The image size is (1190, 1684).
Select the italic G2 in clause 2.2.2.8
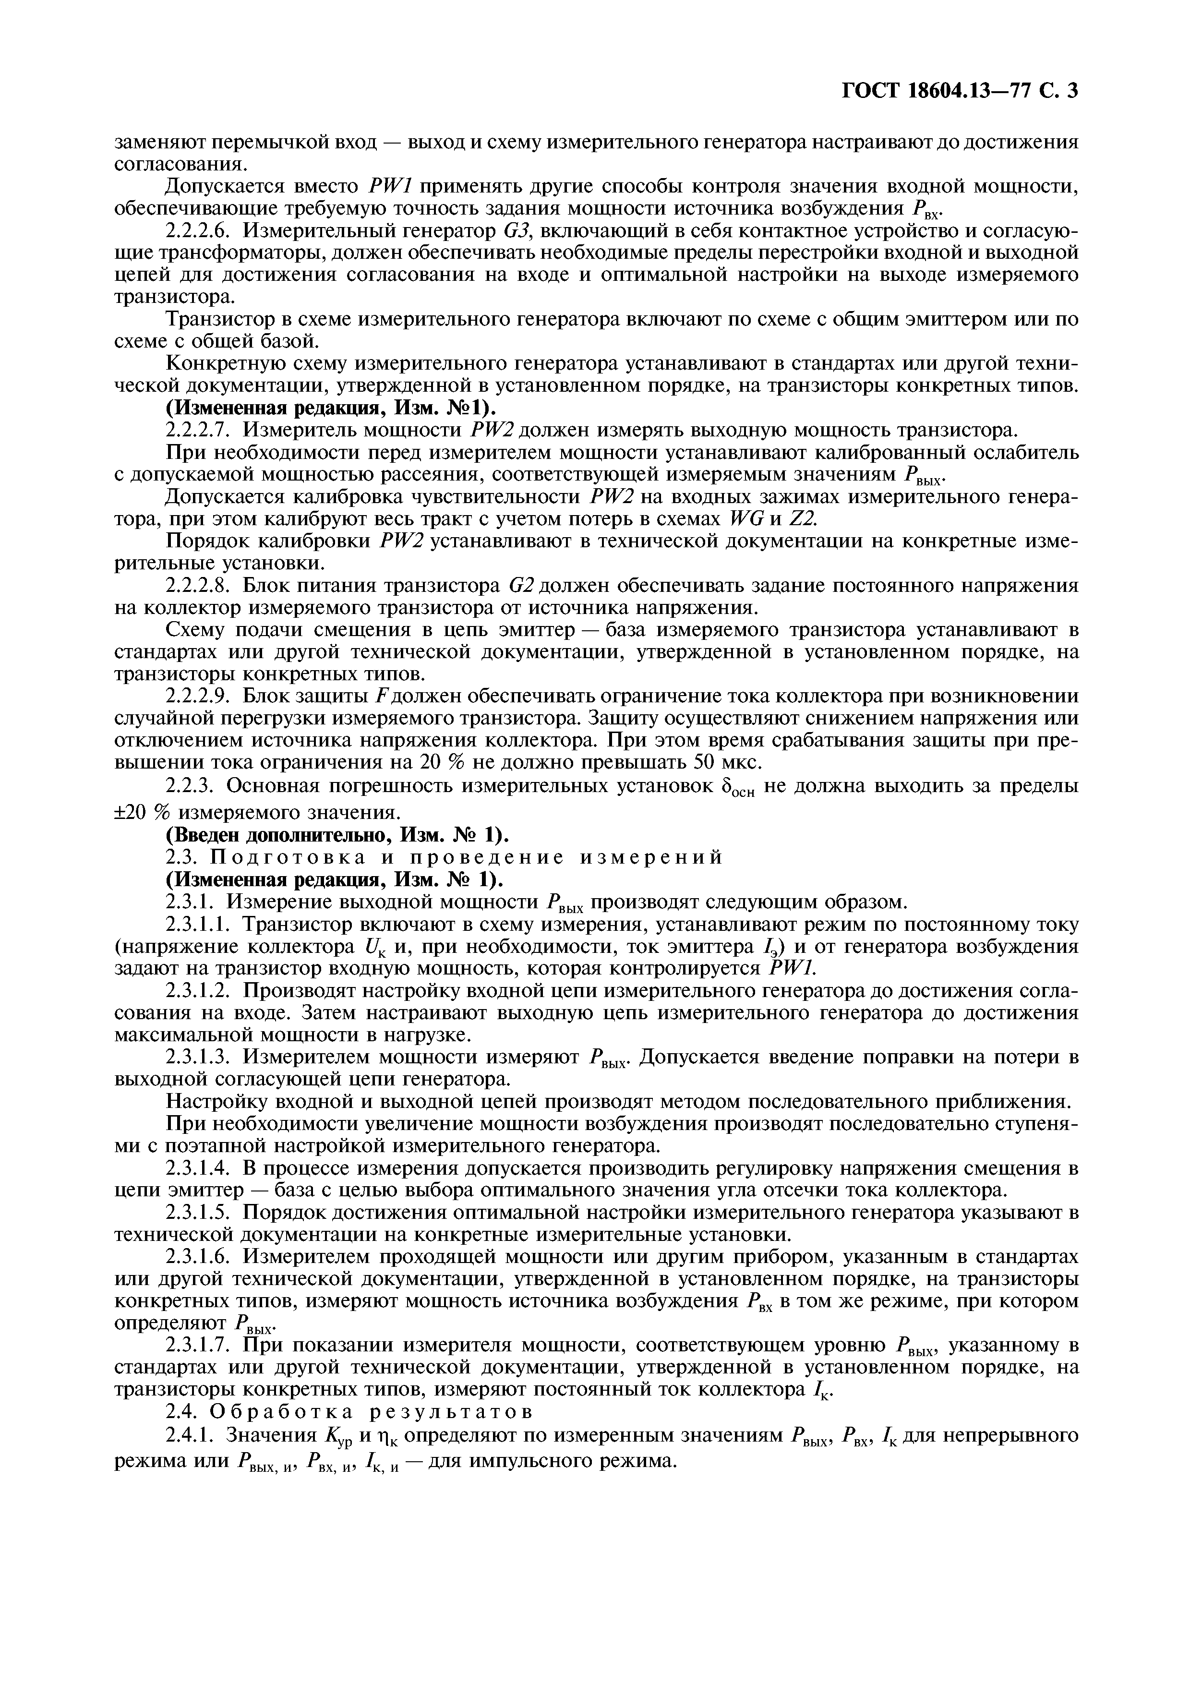[524, 586]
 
